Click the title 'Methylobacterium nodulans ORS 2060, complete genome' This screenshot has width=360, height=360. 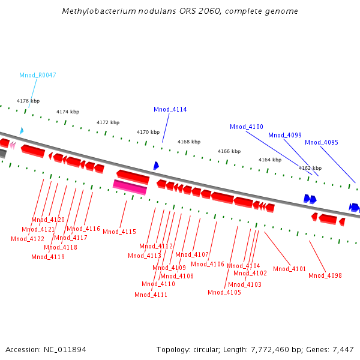tap(180, 11)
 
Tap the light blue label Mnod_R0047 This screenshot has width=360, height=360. tap(37, 75)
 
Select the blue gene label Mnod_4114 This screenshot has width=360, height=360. tap(170, 109)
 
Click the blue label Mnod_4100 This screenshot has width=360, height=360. tap(246, 127)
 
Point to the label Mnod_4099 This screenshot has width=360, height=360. tap(284, 135)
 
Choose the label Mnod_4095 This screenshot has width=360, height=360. tap(321, 142)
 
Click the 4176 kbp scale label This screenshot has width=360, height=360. tap(28, 101)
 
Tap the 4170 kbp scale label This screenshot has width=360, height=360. tap(148, 132)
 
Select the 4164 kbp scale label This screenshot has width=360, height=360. tap(269, 160)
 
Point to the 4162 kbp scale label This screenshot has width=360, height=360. tap(310, 168)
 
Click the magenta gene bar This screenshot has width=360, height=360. tap(130, 187)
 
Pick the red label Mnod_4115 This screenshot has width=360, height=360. tap(119, 232)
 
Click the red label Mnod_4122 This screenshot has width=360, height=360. tap(27, 239)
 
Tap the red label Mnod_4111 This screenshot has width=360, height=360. tap(151, 295)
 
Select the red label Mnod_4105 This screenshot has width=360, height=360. tap(224, 292)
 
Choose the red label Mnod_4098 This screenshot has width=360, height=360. tap(325, 275)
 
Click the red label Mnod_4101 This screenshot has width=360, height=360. tap(289, 269)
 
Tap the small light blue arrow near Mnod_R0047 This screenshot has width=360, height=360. tap(22, 130)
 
